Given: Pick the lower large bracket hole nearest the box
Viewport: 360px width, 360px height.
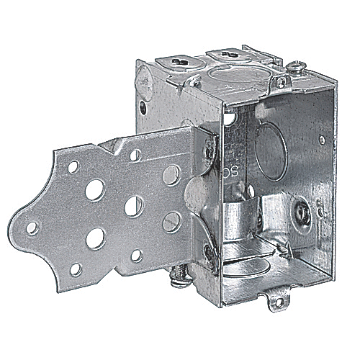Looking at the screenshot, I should pyautogui.click(x=171, y=222).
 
